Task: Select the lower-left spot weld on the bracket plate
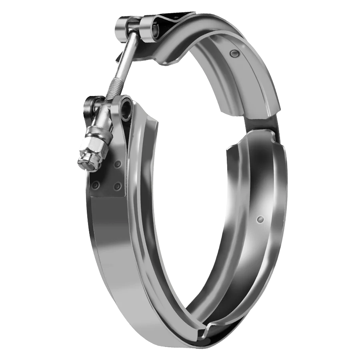click(95, 185)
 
